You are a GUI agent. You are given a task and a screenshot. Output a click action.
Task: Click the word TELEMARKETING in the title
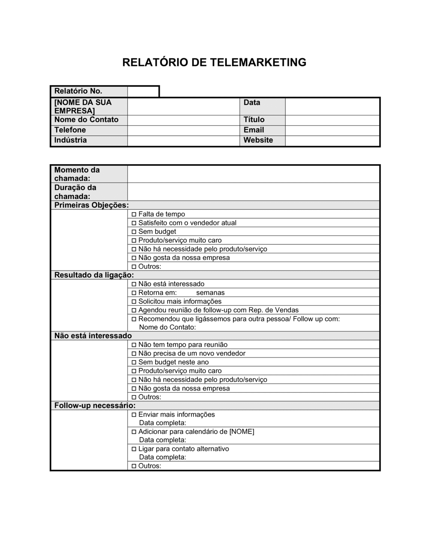tap(258, 63)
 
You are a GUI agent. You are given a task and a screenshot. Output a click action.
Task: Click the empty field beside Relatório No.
tap(143, 91)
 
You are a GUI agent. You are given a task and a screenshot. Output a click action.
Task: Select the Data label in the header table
tap(252, 102)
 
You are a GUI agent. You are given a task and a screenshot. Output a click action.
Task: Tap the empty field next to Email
tap(332, 130)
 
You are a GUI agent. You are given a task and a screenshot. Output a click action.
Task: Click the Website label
tap(258, 140)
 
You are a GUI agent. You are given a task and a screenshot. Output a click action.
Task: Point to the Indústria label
tap(70, 140)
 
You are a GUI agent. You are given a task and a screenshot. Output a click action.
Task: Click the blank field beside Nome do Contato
tap(183, 120)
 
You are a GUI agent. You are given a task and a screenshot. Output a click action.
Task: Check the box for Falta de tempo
tap(134, 214)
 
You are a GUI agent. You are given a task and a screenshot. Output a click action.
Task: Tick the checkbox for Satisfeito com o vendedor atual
tap(134, 223)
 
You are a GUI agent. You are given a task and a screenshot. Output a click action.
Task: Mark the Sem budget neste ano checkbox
tap(134, 362)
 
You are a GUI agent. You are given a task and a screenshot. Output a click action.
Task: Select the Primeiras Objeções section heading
tap(91, 205)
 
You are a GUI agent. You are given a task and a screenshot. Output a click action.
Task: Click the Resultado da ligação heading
tap(94, 275)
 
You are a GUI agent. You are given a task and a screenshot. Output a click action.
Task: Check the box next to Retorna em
tap(134, 293)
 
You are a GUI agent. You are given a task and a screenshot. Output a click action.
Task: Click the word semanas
tap(210, 293)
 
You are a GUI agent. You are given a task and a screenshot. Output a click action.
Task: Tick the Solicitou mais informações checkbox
tap(134, 301)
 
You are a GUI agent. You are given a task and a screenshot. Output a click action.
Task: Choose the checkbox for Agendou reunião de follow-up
tap(134, 310)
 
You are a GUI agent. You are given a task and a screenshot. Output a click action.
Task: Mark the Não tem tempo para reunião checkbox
tap(134, 345)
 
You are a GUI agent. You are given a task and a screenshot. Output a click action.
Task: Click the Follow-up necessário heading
tap(95, 406)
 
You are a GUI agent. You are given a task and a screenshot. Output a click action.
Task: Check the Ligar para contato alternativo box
tap(134, 449)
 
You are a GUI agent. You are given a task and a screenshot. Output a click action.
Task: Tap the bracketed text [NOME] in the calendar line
tap(242, 432)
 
